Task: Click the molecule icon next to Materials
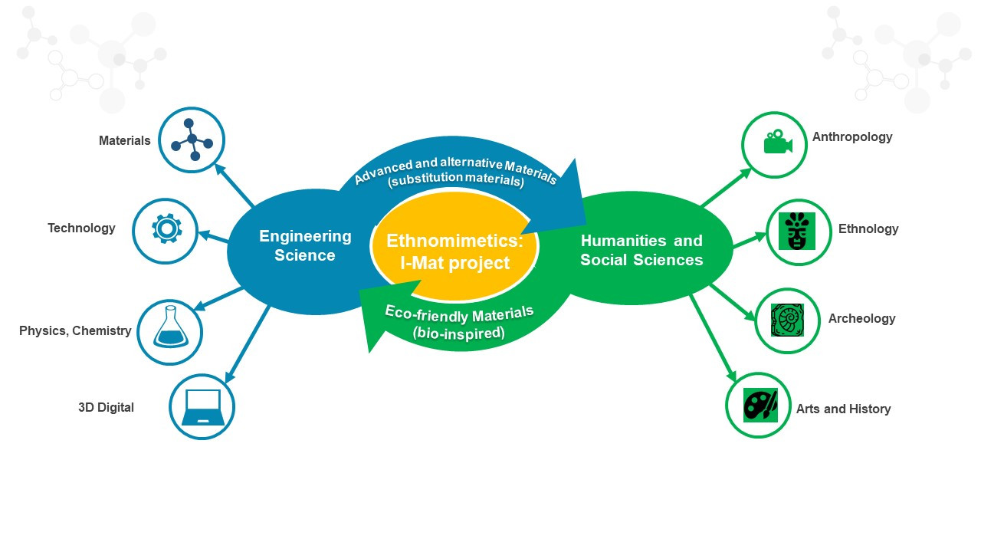[x=192, y=140]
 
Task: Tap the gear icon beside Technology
[x=166, y=229]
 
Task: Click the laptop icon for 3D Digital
[x=202, y=406]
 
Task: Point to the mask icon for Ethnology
[x=797, y=231]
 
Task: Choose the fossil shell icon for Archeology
[x=787, y=320]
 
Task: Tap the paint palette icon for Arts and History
[x=760, y=405]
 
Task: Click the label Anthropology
[x=852, y=137]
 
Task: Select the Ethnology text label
[x=868, y=228]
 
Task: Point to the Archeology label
[x=861, y=318]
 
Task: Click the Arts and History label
[x=843, y=409]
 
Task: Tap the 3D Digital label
[x=106, y=407]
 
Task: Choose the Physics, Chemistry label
[x=75, y=330]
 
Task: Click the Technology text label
[x=81, y=228]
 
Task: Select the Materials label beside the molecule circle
[x=125, y=140]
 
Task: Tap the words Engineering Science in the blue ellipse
[x=305, y=245]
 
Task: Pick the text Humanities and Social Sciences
[x=641, y=251]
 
